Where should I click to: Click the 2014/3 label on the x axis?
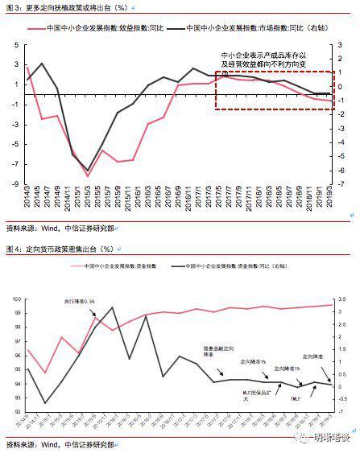(27, 198)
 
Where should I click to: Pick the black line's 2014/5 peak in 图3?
(42, 64)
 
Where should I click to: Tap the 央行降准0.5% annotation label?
(80, 301)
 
